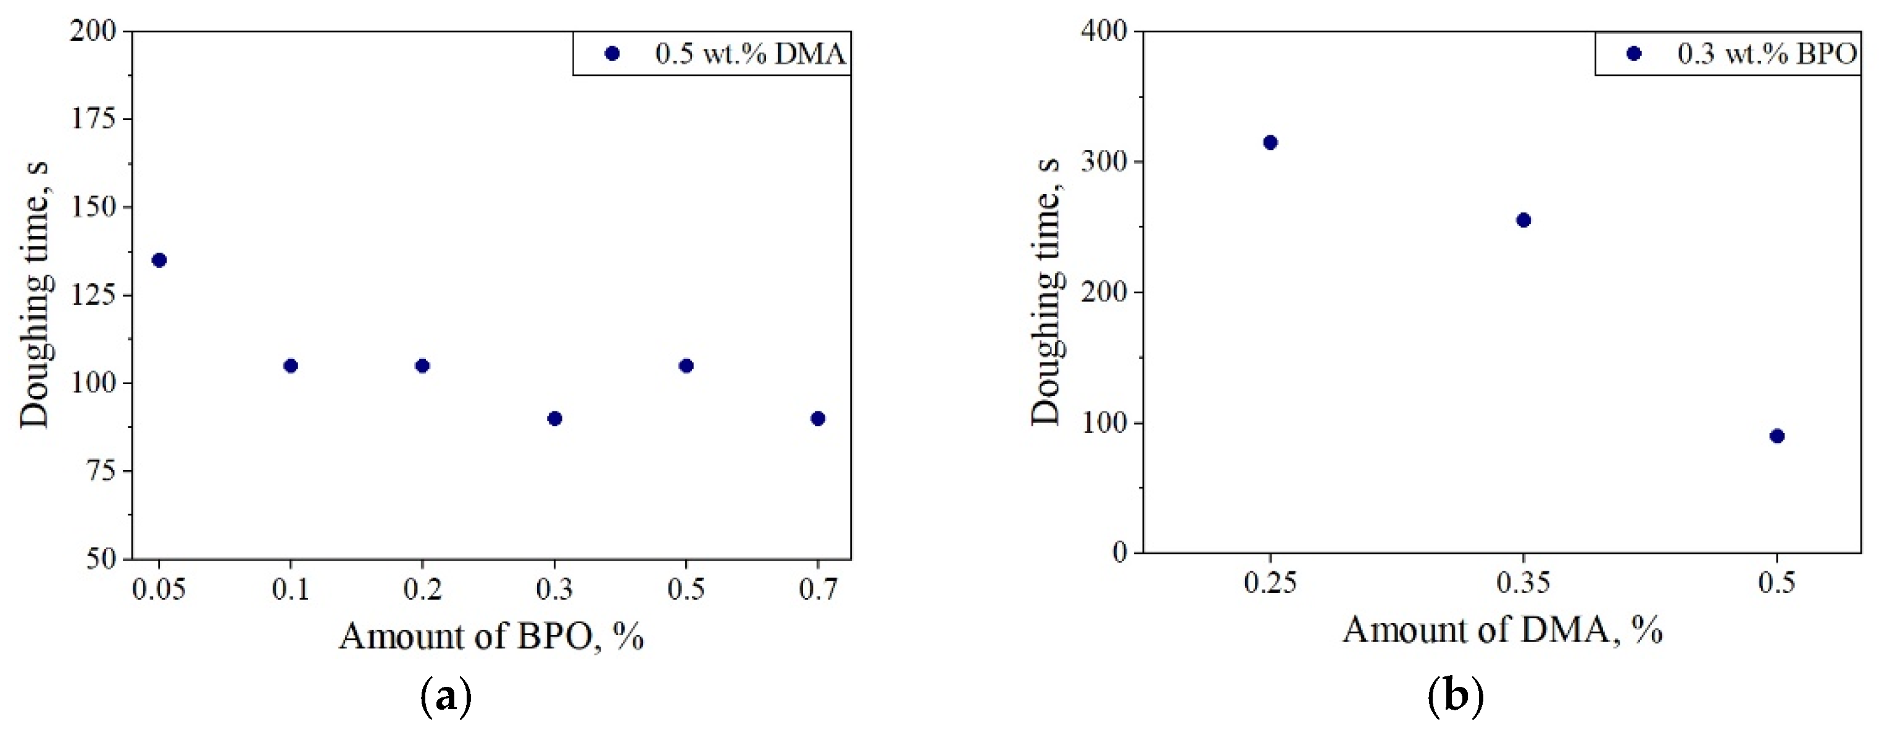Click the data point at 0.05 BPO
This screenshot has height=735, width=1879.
(159, 260)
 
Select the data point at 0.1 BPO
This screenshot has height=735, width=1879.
(290, 366)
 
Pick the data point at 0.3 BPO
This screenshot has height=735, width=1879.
(554, 418)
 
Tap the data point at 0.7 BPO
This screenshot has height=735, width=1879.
(818, 418)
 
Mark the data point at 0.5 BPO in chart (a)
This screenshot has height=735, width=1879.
(686, 366)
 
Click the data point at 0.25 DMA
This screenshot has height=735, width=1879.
(1270, 142)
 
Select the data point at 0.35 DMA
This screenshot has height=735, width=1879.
(1523, 220)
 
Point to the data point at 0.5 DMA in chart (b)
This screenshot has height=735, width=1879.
(1777, 435)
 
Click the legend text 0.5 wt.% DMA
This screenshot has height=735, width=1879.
(750, 54)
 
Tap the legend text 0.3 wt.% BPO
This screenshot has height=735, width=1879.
(1767, 54)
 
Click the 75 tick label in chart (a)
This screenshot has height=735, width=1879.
(101, 471)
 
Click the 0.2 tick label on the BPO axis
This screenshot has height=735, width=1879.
(422, 588)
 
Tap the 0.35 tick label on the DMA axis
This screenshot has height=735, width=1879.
(1523, 582)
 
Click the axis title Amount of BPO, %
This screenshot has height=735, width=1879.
(491, 636)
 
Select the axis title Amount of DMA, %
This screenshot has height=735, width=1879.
(1502, 630)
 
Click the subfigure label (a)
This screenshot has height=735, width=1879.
(446, 698)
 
